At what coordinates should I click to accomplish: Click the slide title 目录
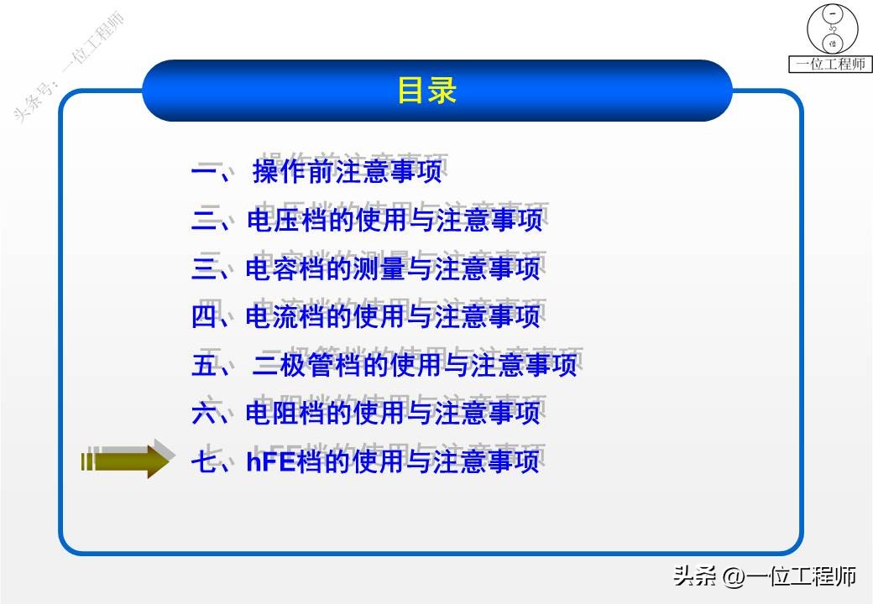click(426, 91)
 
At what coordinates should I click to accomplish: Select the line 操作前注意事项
click(346, 173)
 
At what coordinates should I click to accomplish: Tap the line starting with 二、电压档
click(366, 221)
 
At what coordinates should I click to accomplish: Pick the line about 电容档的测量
click(366, 268)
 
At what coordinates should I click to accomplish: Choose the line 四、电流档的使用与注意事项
click(366, 317)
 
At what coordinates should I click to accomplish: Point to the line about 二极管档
click(384, 365)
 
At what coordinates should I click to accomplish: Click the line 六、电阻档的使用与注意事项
click(366, 413)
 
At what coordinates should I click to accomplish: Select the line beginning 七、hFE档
click(366, 461)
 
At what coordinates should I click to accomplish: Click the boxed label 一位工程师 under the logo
click(830, 64)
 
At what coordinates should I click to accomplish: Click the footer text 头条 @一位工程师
click(764, 576)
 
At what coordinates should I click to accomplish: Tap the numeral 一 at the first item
click(204, 173)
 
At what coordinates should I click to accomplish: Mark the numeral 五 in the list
click(204, 365)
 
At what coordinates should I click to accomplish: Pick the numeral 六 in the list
click(204, 413)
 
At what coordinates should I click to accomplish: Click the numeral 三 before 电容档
click(204, 268)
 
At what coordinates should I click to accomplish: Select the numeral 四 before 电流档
click(204, 317)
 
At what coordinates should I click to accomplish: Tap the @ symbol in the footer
click(732, 576)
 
